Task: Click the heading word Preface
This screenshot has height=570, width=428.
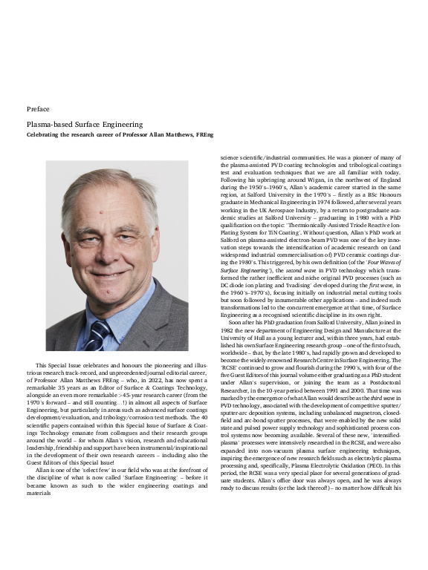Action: pos(38,109)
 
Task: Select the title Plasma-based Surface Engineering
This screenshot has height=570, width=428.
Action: pos(84,124)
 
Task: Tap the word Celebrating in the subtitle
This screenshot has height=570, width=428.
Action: pos(46,134)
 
